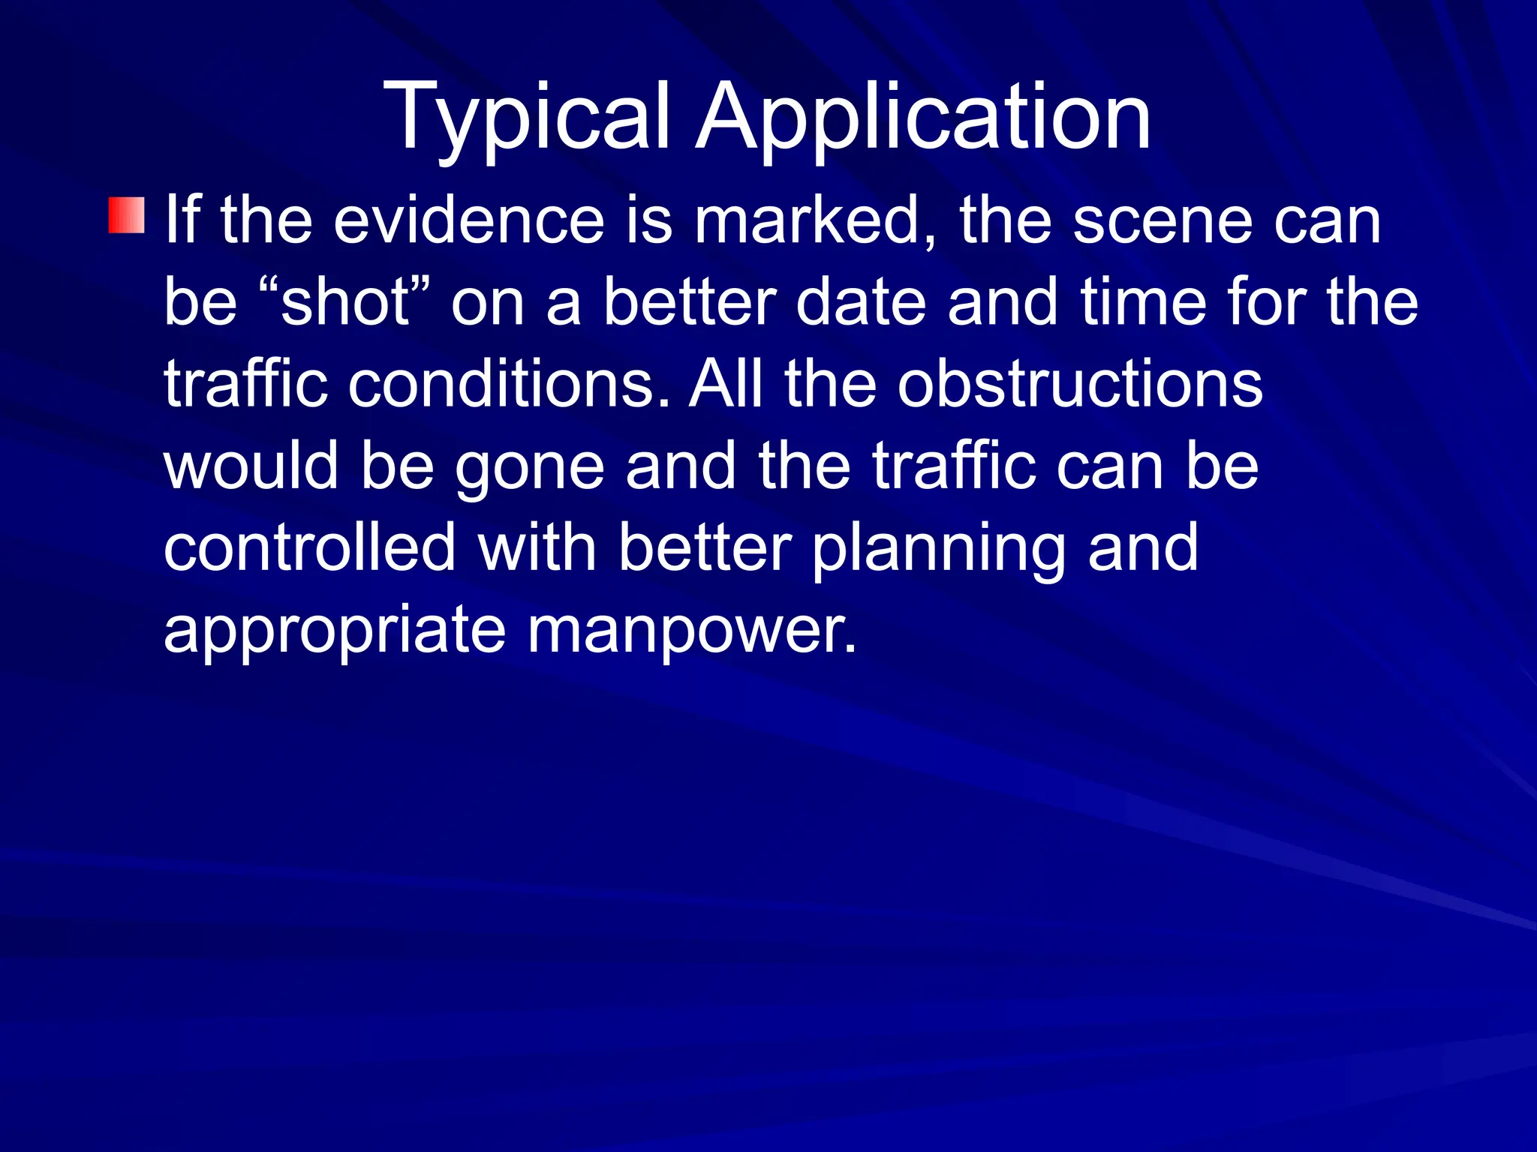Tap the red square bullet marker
pyautogui.click(x=126, y=216)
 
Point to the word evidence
pyautogui.click(x=469, y=220)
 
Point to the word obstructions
pyautogui.click(x=1081, y=384)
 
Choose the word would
pyautogui.click(x=251, y=466)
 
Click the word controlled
pyautogui.click(x=310, y=547)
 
